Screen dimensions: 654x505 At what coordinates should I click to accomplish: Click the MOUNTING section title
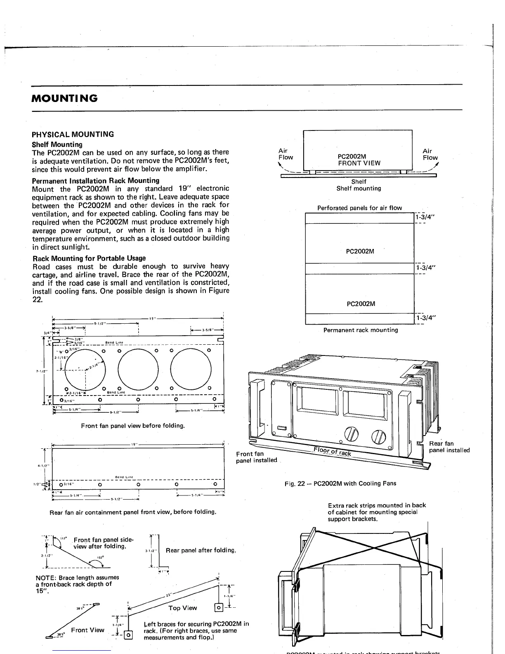[x=65, y=98]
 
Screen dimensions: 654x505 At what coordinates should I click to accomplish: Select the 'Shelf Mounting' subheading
[x=57, y=145]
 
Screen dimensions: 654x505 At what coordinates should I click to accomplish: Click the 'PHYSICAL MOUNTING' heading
[x=73, y=134]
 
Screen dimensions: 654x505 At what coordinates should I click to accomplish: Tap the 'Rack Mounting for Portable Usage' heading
[x=89, y=258]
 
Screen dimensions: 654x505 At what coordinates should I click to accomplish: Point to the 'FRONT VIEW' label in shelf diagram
[x=359, y=163]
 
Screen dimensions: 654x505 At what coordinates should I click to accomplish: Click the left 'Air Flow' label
[x=285, y=154]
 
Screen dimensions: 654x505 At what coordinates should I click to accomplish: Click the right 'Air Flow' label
[x=430, y=154]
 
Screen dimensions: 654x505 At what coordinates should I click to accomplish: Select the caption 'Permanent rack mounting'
[x=361, y=330]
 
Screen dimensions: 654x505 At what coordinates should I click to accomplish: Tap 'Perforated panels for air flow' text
[x=359, y=208]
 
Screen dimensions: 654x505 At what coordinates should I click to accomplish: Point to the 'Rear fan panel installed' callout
[x=449, y=447]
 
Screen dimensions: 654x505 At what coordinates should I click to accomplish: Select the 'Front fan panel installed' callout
[x=256, y=457]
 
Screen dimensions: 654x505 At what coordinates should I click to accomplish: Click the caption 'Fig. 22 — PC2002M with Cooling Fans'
[x=340, y=483]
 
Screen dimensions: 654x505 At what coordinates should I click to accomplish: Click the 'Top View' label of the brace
[x=183, y=608]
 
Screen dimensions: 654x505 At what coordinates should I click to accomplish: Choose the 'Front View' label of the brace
[x=87, y=630]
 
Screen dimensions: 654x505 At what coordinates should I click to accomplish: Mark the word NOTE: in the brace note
[x=46, y=578]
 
